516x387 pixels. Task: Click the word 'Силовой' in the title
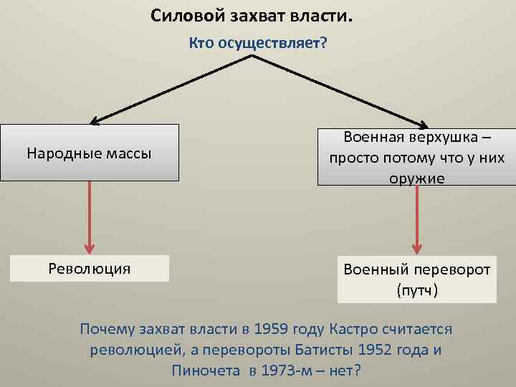tap(182, 16)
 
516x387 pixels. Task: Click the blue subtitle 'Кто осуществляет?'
tap(258, 44)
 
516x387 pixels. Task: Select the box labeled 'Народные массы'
tap(90, 153)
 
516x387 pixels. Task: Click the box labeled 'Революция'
tap(90, 269)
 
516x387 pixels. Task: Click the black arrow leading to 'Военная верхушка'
tap(340, 90)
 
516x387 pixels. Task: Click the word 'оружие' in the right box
tap(417, 178)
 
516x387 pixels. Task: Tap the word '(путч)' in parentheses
tap(417, 291)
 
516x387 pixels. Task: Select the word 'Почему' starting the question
tap(107, 330)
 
